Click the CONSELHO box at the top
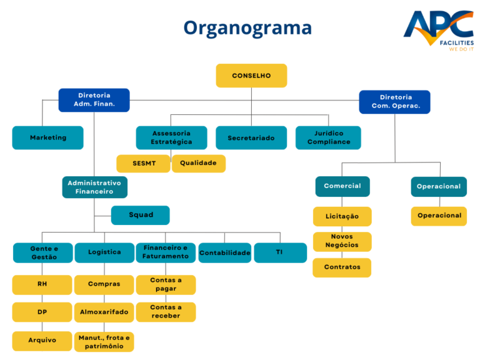click(251, 76)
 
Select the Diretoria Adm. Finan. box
click(94, 100)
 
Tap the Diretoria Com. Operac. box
click(394, 102)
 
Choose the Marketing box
click(47, 137)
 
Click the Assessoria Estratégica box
click(171, 137)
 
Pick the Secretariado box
click(251, 137)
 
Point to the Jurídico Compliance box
click(328, 137)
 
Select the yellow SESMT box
click(143, 163)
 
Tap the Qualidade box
click(198, 163)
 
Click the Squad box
click(141, 215)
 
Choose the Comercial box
click(342, 186)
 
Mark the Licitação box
click(342, 216)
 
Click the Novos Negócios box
click(342, 241)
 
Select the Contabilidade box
click(224, 252)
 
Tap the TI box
click(280, 252)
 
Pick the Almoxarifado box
click(104, 311)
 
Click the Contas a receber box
click(166, 311)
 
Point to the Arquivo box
click(42, 341)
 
